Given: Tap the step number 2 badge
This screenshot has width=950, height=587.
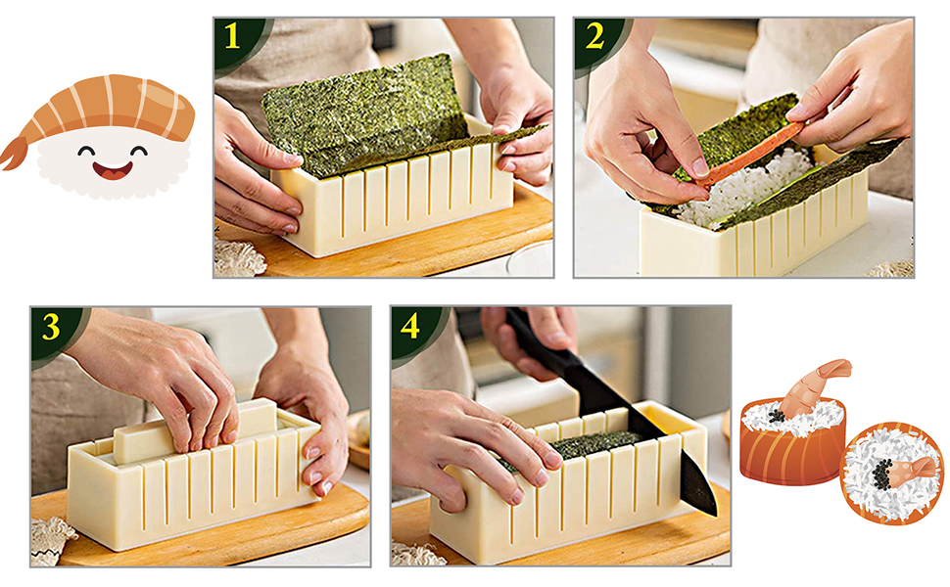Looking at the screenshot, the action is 594,37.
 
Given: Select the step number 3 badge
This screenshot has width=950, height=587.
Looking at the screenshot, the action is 52,328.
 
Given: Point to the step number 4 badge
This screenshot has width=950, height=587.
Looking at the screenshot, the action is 410,328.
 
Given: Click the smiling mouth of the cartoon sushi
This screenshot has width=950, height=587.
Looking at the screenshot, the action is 113,170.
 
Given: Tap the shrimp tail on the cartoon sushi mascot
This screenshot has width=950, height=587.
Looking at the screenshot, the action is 14,153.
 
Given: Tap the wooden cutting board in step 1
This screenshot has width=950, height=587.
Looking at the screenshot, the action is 388,242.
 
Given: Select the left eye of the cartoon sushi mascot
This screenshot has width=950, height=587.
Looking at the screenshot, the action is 86,150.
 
